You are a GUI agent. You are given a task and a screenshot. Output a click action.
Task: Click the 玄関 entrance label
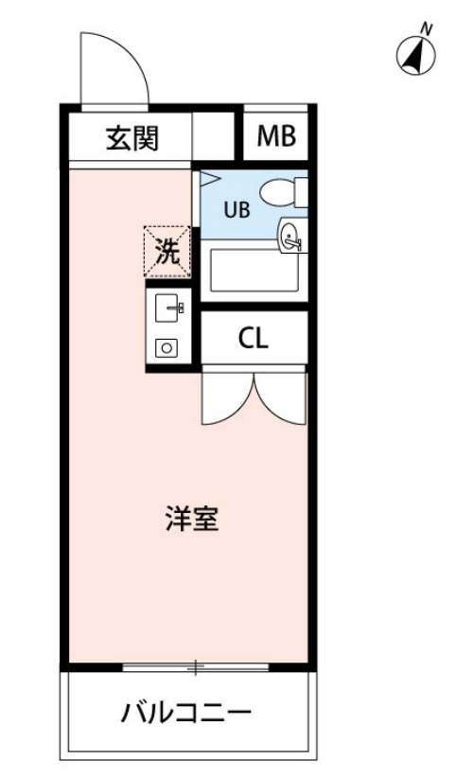click(x=131, y=138)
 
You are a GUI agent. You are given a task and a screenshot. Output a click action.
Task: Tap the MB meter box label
click(x=277, y=138)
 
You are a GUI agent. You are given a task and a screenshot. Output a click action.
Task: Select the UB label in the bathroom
click(x=236, y=210)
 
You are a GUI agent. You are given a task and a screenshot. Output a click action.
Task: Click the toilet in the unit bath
click(x=284, y=192)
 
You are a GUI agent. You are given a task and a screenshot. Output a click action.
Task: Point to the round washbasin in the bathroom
click(x=290, y=235)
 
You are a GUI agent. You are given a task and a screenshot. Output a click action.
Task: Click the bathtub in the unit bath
click(x=254, y=270)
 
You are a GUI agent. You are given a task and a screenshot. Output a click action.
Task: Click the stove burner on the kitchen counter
click(x=167, y=347)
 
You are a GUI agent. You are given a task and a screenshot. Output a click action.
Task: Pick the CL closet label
click(x=253, y=339)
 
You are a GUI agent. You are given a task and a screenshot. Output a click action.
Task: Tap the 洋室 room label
click(x=193, y=519)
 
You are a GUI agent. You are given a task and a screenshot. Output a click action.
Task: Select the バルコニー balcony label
click(x=185, y=713)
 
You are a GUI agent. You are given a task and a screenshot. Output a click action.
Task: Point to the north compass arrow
click(x=413, y=57)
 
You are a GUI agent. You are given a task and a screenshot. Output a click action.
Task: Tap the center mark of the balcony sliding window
click(x=196, y=668)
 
